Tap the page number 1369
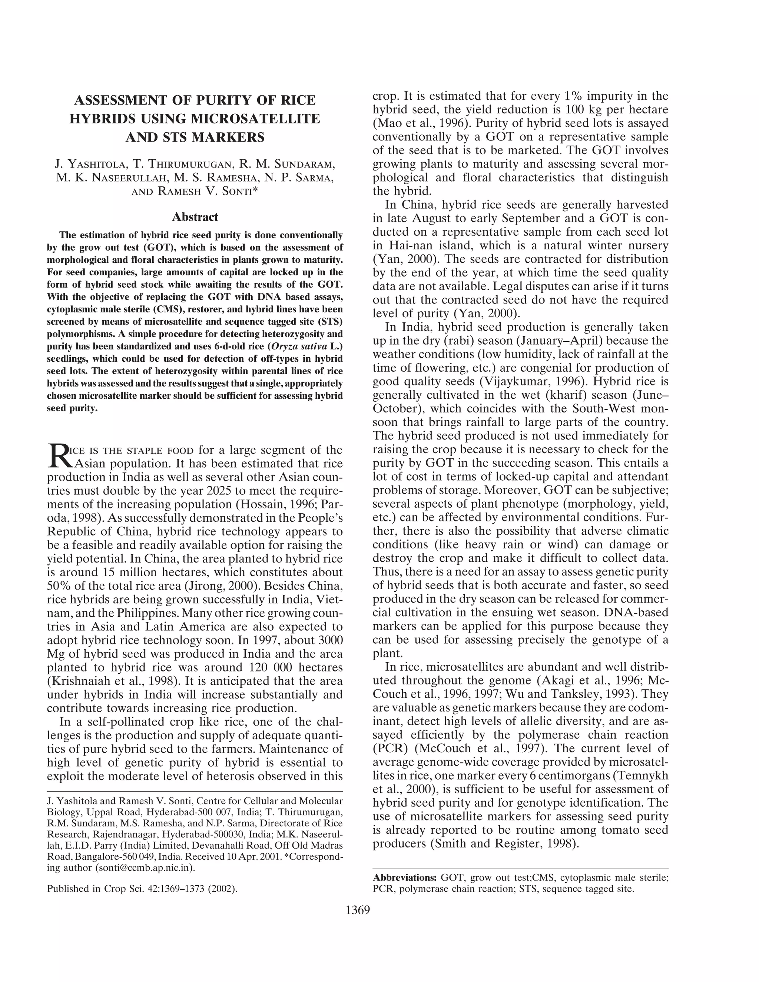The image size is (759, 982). click(358, 910)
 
